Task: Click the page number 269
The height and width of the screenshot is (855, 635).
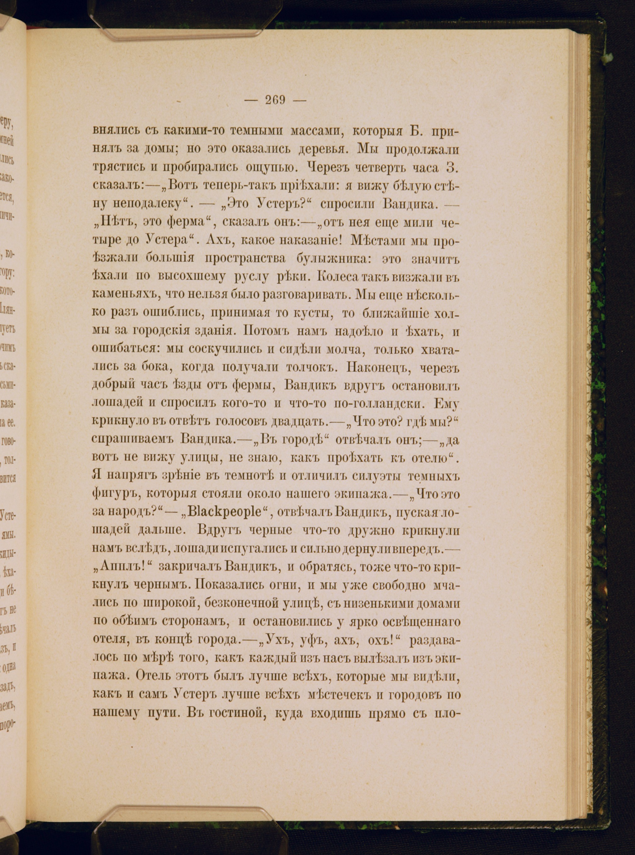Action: (275, 100)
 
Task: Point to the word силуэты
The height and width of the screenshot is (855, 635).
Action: (368, 476)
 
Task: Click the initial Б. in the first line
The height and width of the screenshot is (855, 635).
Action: (411, 131)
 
